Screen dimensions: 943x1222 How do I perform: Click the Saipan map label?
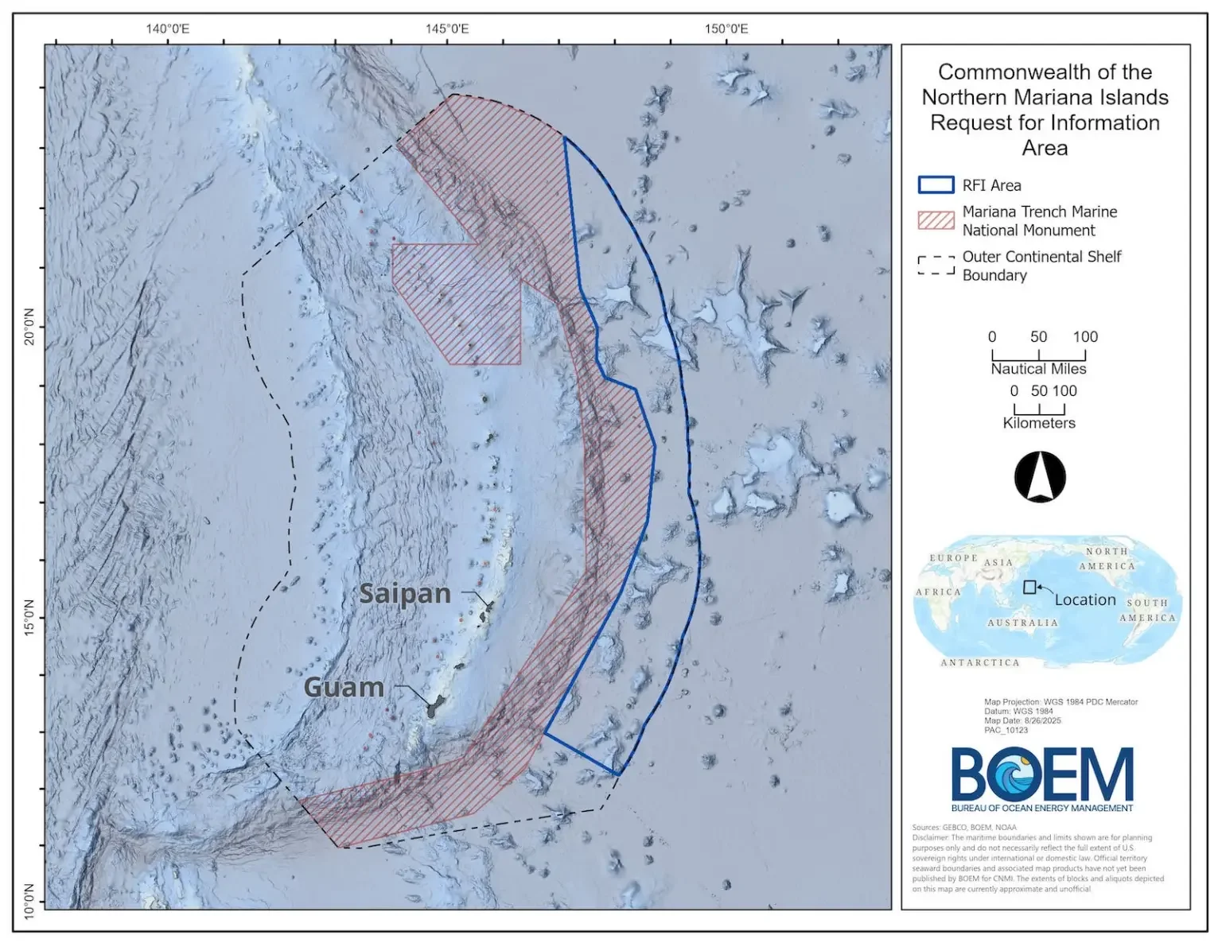click(x=405, y=593)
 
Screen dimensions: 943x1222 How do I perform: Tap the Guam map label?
click(x=344, y=687)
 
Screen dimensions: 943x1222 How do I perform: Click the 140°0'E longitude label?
click(x=168, y=29)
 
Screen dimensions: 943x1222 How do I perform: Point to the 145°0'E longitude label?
click(x=447, y=29)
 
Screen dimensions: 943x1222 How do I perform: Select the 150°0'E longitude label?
click(x=726, y=29)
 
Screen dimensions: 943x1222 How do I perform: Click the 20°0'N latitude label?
click(x=29, y=327)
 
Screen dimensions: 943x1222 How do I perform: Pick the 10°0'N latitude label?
click(x=29, y=901)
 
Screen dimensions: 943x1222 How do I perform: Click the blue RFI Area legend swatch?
click(x=936, y=185)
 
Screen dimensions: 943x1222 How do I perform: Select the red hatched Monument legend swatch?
click(x=936, y=220)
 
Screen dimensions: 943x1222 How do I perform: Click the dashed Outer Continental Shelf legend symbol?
click(x=936, y=266)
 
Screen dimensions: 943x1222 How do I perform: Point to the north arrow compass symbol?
click(x=1040, y=477)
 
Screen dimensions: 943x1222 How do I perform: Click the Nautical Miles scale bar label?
click(x=1038, y=369)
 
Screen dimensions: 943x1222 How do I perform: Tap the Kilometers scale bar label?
click(x=1039, y=423)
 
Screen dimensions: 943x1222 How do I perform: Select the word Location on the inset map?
click(x=1085, y=600)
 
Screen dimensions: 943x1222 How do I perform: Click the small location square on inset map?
click(x=1029, y=587)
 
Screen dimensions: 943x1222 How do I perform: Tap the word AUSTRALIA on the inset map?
click(x=1023, y=623)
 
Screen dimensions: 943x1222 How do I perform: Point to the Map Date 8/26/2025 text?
click(x=1022, y=721)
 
